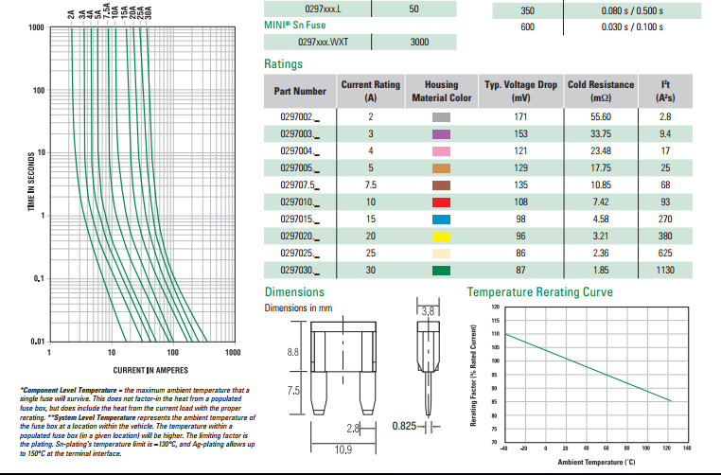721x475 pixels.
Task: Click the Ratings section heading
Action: point(284,64)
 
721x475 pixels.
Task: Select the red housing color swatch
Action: point(440,202)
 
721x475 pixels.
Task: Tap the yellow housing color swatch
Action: point(440,236)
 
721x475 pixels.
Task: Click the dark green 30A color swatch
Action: point(440,270)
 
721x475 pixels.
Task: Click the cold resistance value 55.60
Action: point(600,115)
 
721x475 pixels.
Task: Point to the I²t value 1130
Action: point(665,270)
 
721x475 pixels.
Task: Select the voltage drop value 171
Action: point(519,115)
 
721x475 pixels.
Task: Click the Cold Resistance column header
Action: point(600,91)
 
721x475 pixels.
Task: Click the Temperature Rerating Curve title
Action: point(539,292)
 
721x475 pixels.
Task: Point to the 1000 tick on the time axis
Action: point(36,27)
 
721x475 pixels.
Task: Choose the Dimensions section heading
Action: point(294,292)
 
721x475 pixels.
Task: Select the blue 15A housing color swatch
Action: point(440,219)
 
